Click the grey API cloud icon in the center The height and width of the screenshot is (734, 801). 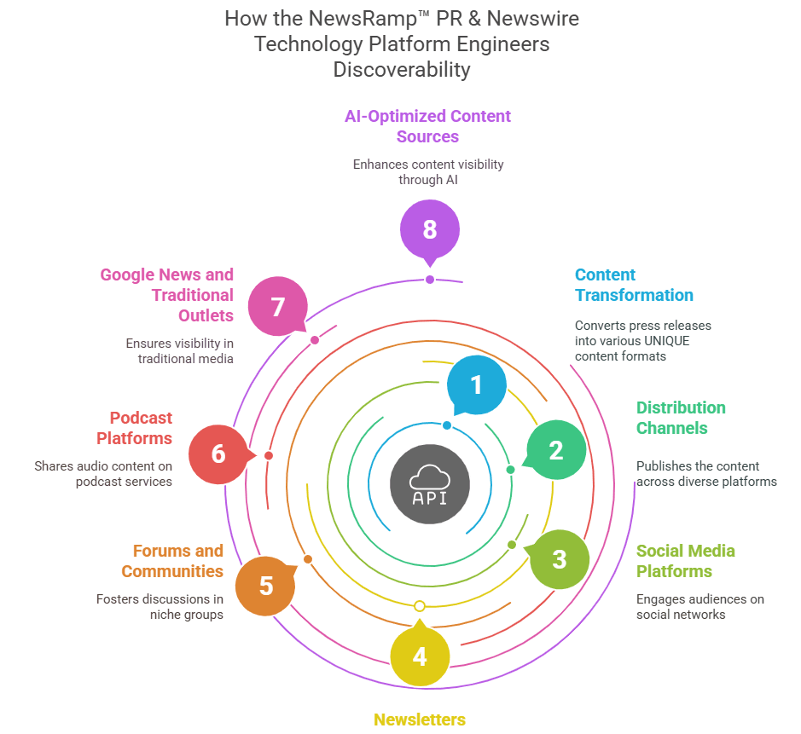[429, 484]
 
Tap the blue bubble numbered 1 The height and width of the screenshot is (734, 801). [476, 384]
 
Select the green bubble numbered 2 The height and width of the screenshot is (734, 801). [556, 450]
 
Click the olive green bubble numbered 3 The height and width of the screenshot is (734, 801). [559, 559]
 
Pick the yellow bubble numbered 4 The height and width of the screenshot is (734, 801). [420, 656]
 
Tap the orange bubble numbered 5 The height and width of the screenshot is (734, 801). [266, 586]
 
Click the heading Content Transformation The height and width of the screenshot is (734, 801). [634, 285]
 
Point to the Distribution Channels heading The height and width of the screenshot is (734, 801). [681, 418]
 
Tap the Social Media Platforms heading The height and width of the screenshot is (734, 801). [685, 561]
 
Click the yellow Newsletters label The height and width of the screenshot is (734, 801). [420, 720]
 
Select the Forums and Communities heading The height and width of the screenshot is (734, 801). [172, 561]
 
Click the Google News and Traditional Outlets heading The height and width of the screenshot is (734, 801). [167, 295]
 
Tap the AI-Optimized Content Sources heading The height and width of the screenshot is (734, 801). [427, 126]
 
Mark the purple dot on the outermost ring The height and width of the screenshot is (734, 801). [430, 280]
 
